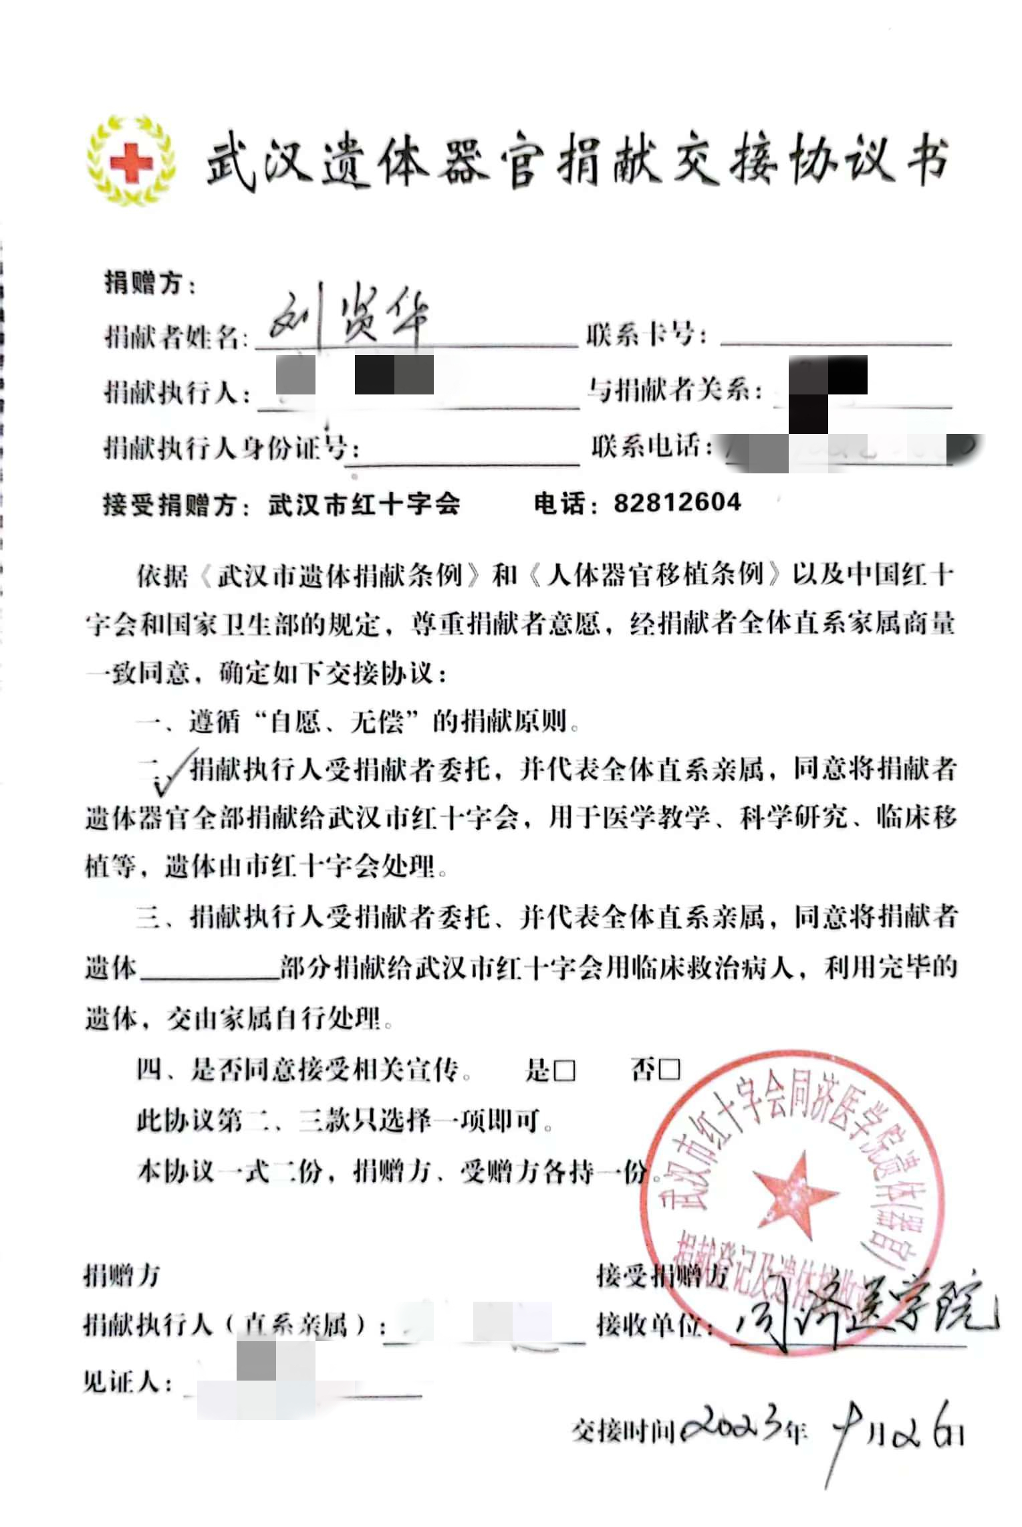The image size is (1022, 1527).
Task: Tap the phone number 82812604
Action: coord(676,502)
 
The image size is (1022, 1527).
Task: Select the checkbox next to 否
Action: coord(669,1070)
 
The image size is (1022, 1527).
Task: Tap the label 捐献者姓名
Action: coord(172,336)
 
